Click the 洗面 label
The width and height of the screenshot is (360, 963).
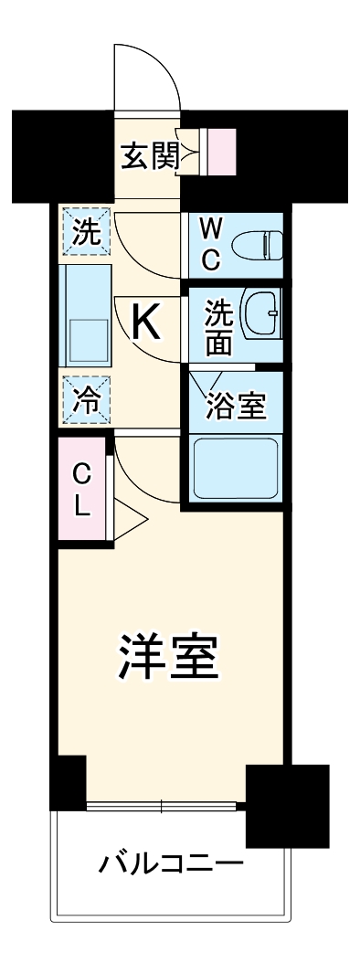218,325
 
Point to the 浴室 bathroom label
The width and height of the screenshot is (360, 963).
236,404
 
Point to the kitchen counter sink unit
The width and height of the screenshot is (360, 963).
86,315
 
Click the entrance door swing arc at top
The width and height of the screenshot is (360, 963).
146,73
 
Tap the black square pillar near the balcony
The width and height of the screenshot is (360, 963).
287,805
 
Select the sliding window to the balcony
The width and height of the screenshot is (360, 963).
164,806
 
